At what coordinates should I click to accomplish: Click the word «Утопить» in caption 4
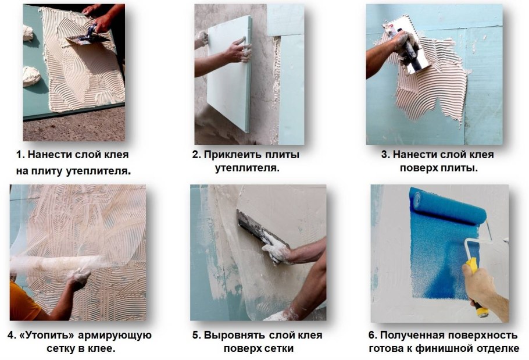point(47,336)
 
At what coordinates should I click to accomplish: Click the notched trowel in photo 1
point(87,38)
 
